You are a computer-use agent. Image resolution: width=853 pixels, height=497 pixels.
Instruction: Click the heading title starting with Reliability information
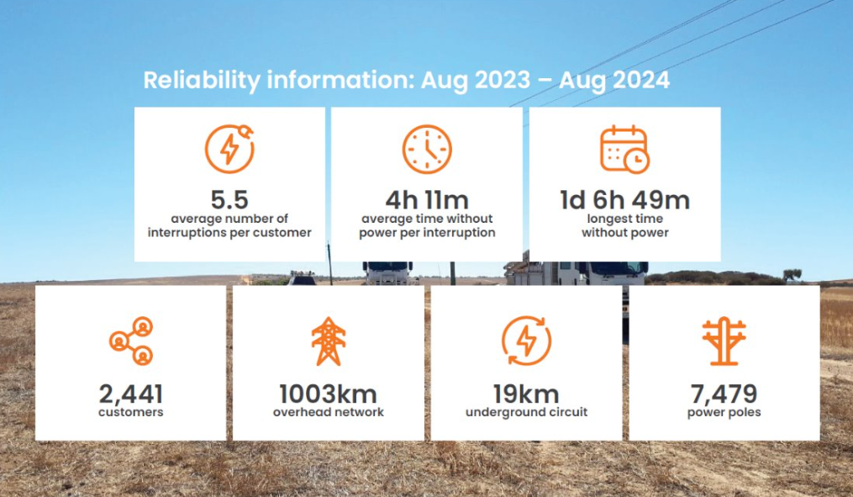click(x=407, y=81)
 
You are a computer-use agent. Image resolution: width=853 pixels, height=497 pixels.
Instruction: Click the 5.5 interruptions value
click(x=229, y=200)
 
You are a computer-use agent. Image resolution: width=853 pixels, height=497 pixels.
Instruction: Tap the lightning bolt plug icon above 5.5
click(x=229, y=149)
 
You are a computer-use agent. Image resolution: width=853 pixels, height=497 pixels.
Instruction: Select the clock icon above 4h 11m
click(x=427, y=150)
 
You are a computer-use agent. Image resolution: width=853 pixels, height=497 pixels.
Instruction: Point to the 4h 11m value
click(x=427, y=200)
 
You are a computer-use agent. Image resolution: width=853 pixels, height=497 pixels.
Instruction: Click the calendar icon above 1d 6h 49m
click(x=625, y=150)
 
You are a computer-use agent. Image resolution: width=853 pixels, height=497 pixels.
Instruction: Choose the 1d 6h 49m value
click(x=625, y=200)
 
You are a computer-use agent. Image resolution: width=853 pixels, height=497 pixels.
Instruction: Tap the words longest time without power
click(x=625, y=225)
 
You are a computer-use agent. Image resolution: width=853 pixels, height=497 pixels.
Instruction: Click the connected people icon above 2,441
click(x=131, y=341)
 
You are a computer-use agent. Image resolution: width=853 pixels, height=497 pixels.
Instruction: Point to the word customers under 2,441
click(x=131, y=412)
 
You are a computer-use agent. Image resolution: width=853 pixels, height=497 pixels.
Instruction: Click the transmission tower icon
click(x=328, y=341)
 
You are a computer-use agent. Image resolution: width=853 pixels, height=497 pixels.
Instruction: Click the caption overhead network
click(x=328, y=412)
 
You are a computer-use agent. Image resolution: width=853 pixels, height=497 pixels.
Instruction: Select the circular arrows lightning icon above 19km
click(x=526, y=341)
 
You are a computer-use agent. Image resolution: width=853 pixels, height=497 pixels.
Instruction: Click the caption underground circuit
click(x=526, y=412)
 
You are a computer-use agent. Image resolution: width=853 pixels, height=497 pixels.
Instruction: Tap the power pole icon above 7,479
click(x=724, y=341)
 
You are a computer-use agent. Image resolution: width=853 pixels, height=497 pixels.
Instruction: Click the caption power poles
click(x=724, y=412)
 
